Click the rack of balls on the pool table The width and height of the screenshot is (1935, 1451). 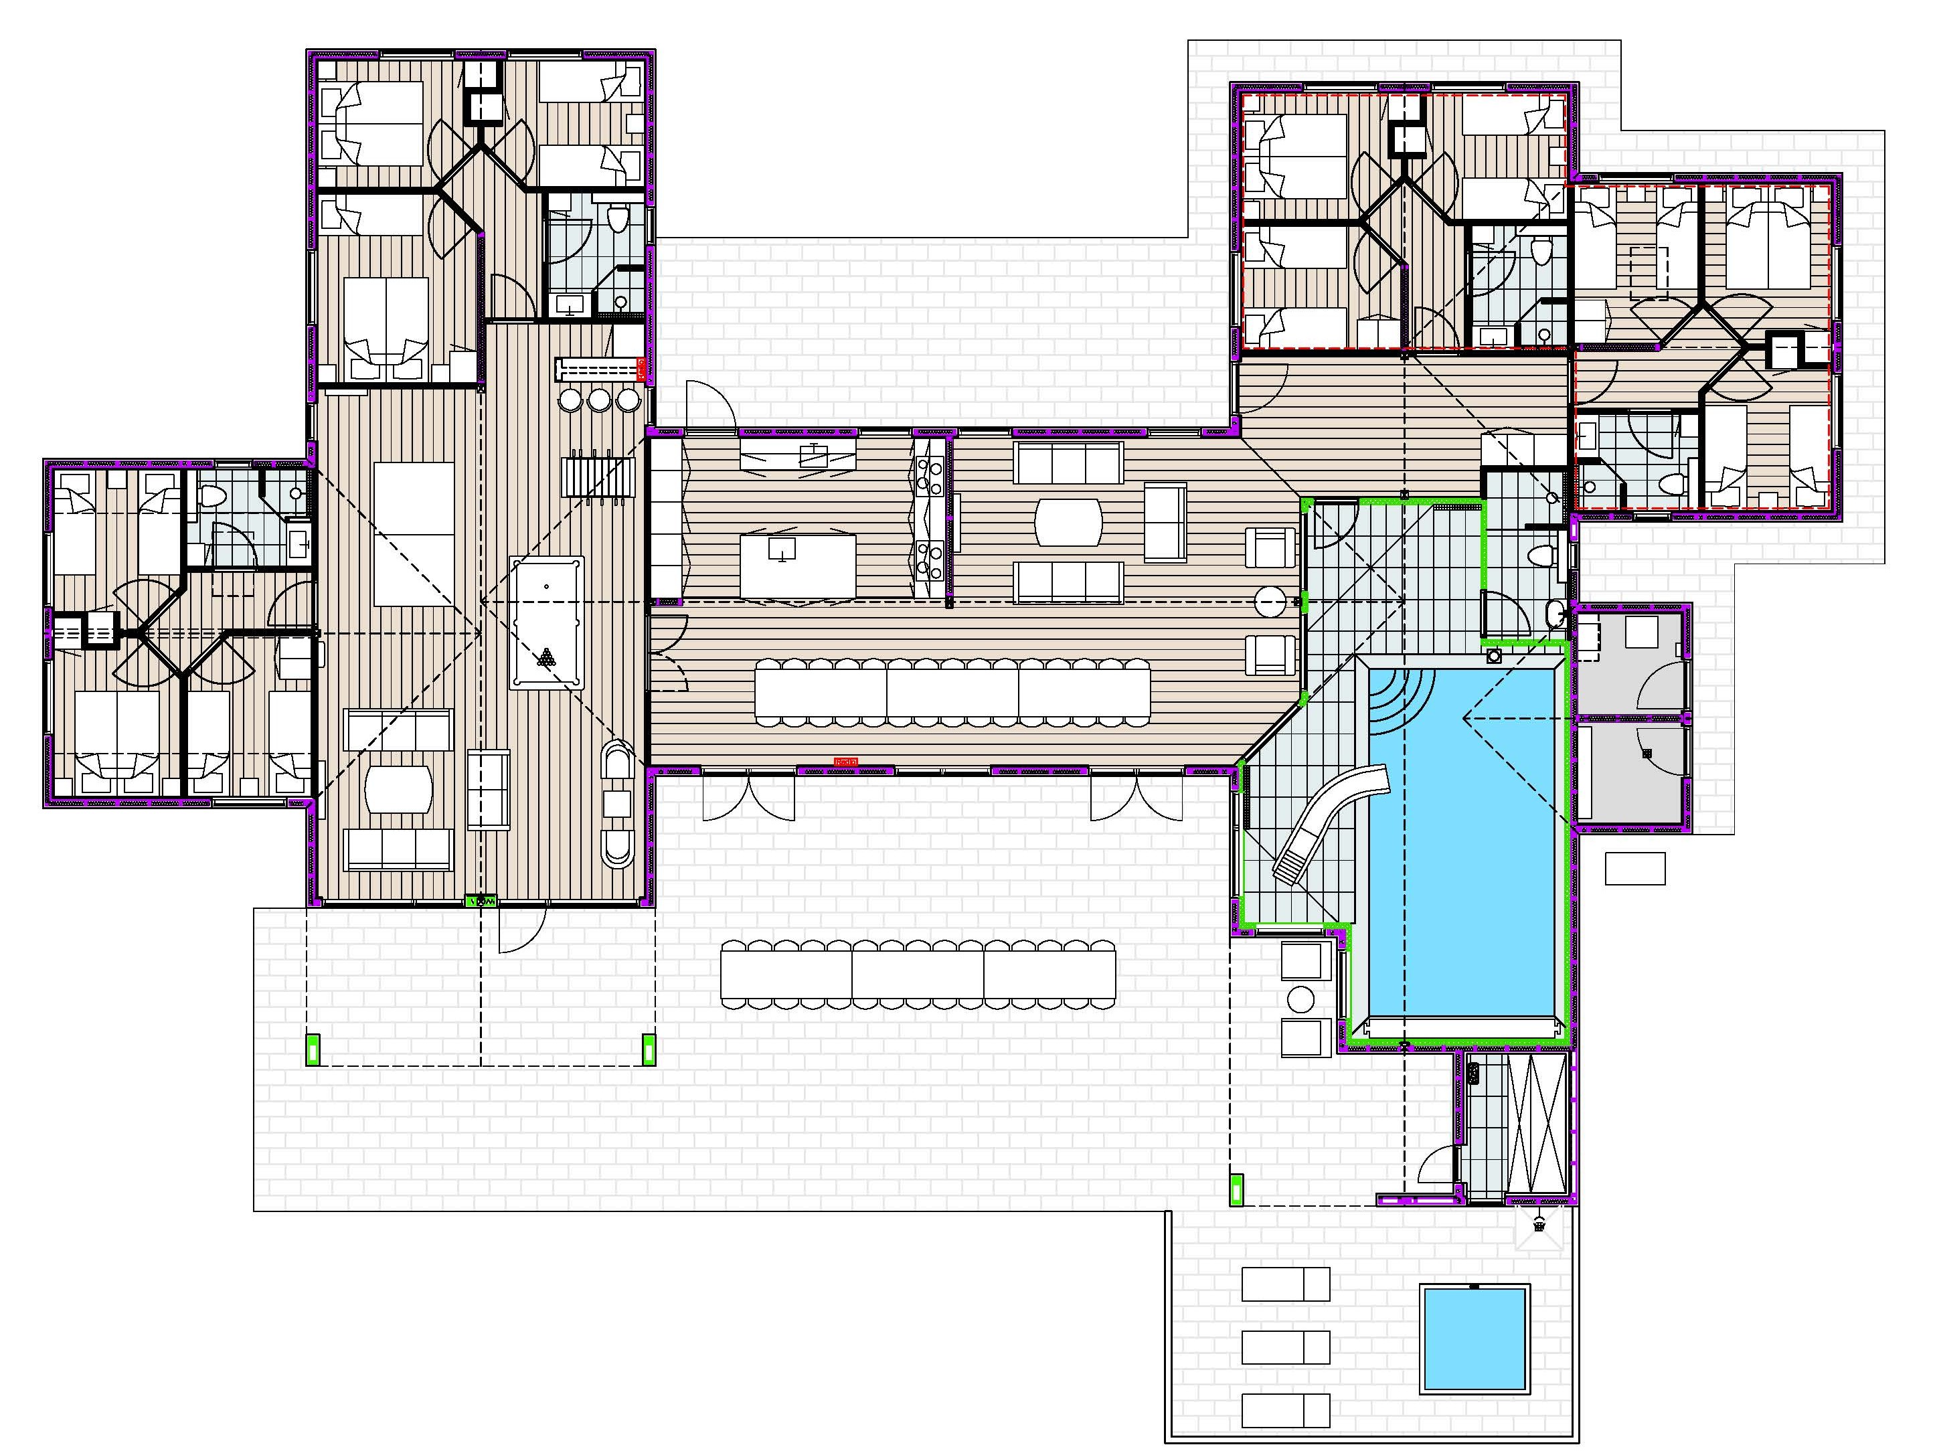point(547,658)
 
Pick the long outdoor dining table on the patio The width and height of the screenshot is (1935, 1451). point(918,974)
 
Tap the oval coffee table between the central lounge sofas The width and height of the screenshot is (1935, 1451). point(1068,522)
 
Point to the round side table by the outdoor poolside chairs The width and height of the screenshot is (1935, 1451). point(1300,999)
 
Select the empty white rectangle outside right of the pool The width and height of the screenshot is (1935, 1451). point(1634,869)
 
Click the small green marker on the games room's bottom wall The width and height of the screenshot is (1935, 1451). point(481,900)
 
